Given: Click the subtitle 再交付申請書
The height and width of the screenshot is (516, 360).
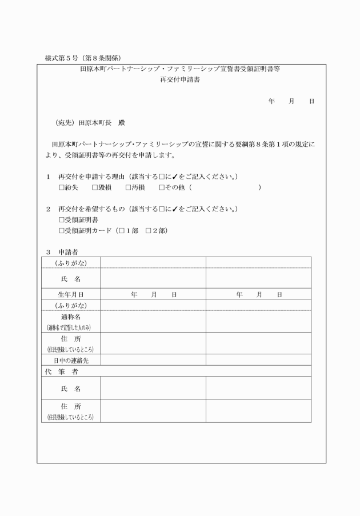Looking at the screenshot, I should [181, 80].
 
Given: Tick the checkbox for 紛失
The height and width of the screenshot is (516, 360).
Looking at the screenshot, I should [62, 187].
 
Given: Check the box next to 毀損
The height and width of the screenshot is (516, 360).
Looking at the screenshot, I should [94, 187].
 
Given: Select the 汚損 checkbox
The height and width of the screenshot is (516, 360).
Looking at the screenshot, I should [127, 187].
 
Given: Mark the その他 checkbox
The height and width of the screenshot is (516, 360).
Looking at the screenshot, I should [162, 187].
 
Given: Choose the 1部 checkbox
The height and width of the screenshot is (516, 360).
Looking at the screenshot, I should [121, 231].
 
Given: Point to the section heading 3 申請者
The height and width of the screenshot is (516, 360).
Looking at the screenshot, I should [62, 251].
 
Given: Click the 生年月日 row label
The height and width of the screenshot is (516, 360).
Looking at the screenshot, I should [70, 294].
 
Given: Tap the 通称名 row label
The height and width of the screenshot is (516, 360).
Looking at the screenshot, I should [70, 316].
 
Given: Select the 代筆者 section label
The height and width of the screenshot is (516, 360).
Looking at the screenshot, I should [62, 371].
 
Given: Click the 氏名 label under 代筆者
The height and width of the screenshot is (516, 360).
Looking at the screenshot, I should [70, 388].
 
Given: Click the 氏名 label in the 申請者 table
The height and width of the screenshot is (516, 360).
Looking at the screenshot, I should [70, 279].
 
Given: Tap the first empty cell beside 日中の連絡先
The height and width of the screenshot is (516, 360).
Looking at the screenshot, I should [153, 360].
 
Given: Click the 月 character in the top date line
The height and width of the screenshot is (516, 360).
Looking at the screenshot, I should [291, 101].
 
